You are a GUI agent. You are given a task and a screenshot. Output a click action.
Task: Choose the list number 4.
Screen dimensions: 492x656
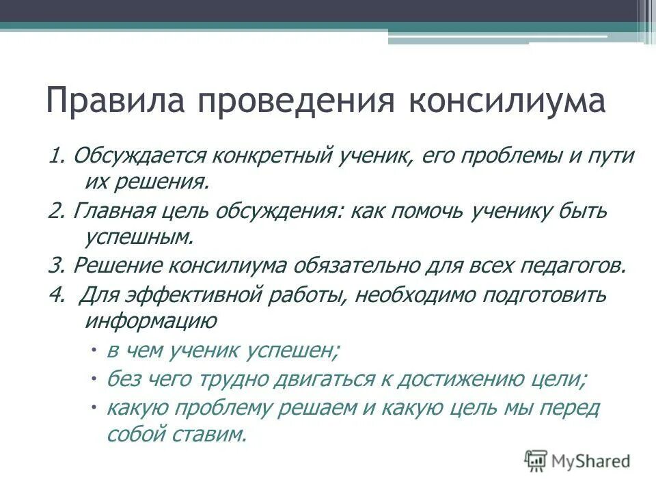[55, 295]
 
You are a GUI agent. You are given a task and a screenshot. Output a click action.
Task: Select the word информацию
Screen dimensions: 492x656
[151, 321]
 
